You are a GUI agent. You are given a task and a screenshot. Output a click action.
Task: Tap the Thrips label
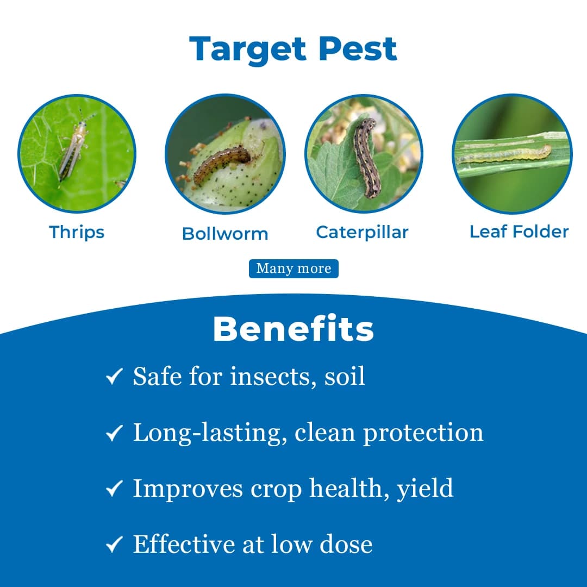point(77,232)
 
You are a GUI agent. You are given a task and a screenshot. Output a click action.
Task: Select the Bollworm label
point(225,234)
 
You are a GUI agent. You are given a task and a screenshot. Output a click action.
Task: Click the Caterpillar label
point(362,232)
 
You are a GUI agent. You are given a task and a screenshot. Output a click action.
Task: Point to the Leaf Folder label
point(519,232)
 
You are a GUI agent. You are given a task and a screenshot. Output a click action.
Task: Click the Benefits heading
point(293,329)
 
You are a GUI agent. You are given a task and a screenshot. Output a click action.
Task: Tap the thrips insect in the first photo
point(74,149)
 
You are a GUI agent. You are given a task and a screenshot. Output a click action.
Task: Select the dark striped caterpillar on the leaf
point(366,158)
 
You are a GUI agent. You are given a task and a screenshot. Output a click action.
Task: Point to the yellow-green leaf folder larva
point(505,155)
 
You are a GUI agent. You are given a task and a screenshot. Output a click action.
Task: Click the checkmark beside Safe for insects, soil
point(114,377)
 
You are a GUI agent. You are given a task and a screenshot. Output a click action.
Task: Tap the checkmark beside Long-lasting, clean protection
point(114,434)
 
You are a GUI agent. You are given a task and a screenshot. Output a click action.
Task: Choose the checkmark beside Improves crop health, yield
point(114,490)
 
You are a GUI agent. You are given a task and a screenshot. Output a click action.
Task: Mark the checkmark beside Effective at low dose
point(114,545)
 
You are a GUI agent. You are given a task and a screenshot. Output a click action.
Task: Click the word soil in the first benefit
point(345,376)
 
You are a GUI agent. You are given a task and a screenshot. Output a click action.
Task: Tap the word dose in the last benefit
point(346,544)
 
